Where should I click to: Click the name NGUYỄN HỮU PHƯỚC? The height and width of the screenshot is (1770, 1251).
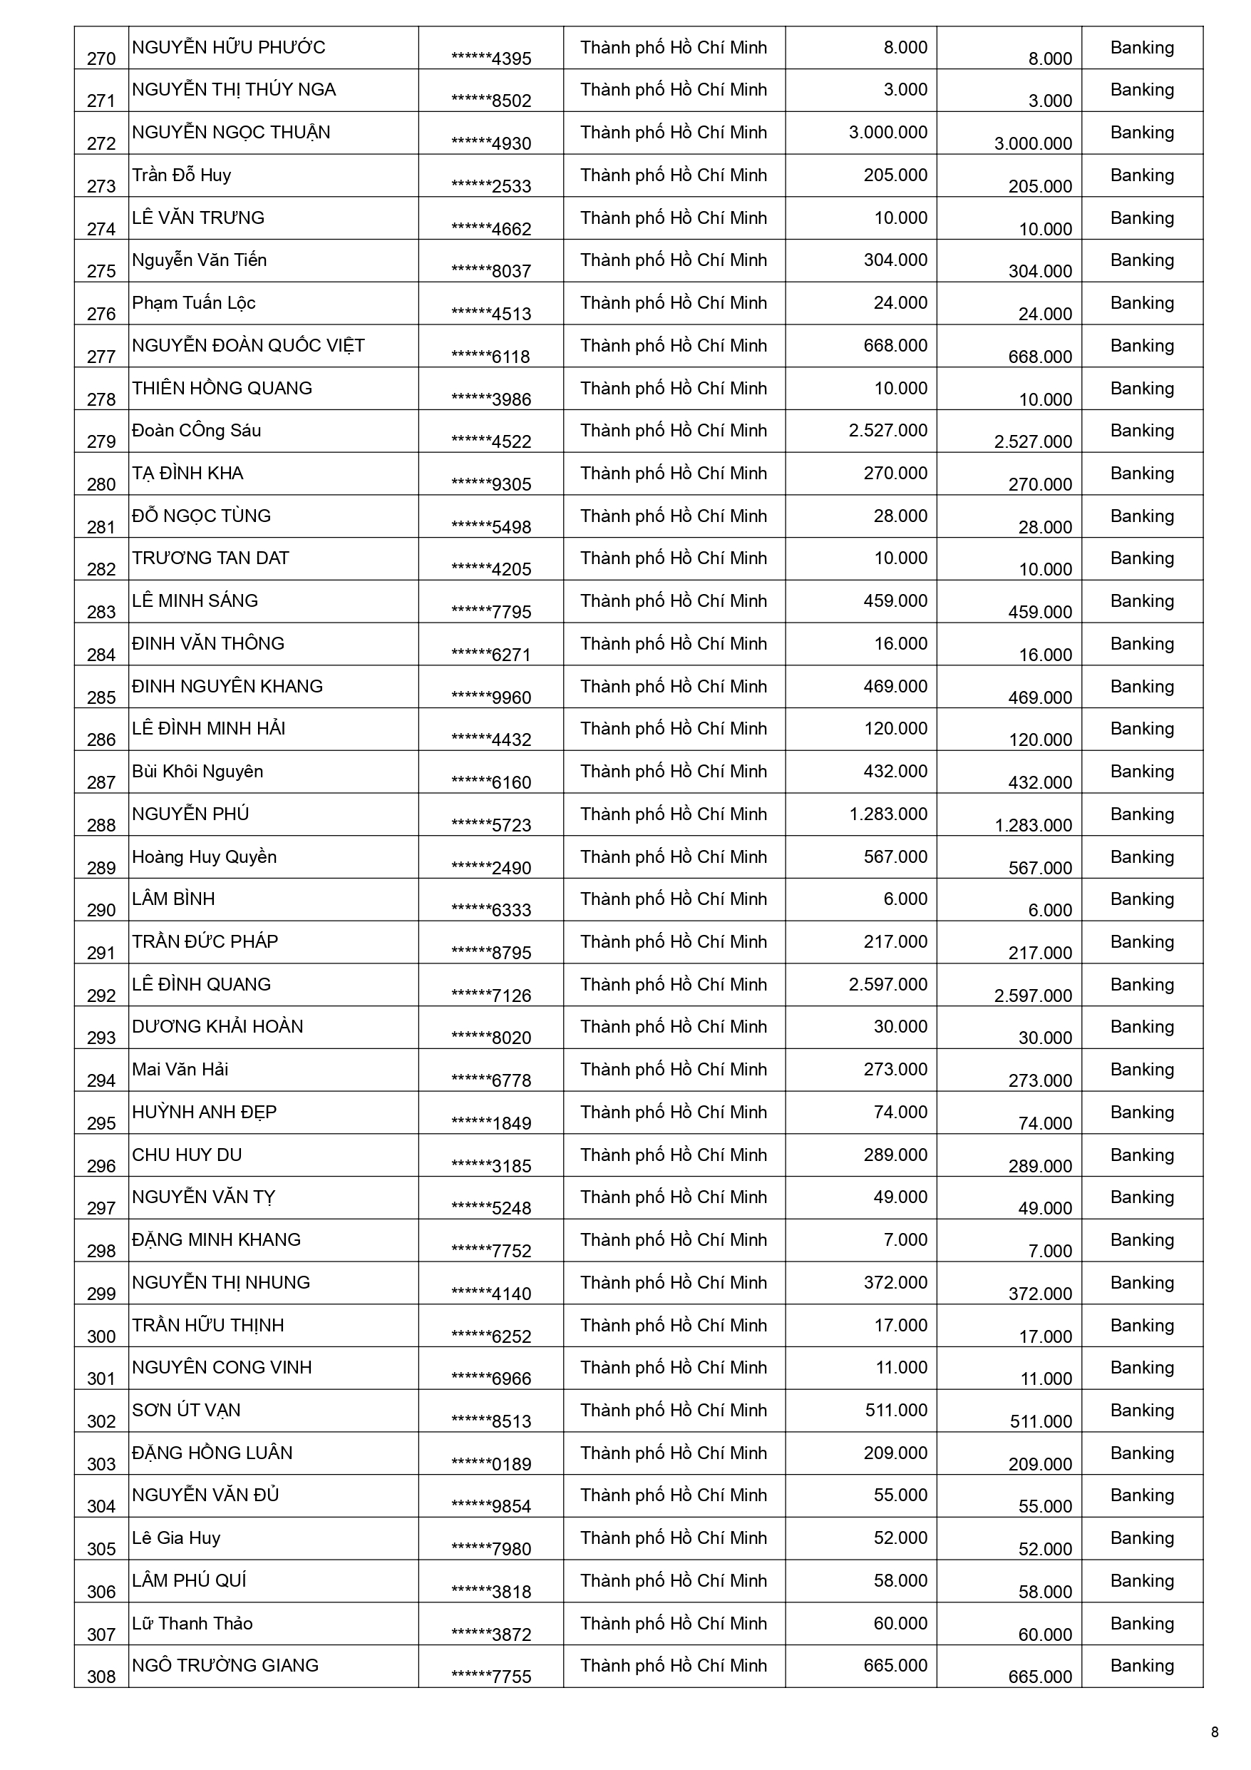228,48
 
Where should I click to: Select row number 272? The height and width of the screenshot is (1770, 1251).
101,143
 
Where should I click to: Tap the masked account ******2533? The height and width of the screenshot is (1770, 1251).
491,187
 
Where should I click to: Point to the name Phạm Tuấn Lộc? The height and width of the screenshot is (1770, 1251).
193,303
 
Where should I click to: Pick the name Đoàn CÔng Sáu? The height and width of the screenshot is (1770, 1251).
197,431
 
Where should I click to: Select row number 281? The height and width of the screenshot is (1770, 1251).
101,527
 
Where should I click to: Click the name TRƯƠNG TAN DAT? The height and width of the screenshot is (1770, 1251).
210,558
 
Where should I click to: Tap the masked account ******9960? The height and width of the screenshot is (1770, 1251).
491,697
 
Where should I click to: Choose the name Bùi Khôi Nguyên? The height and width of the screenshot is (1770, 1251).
197,772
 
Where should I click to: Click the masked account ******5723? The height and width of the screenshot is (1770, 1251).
491,826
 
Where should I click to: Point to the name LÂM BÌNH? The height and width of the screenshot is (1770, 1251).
173,899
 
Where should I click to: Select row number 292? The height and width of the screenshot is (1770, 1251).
101,996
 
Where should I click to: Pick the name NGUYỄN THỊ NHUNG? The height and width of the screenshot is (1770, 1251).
220,1283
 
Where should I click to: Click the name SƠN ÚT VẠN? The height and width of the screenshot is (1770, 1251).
186,1410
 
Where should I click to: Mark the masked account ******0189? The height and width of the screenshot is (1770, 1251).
491,1464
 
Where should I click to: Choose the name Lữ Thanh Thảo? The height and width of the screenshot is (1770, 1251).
192,1624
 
